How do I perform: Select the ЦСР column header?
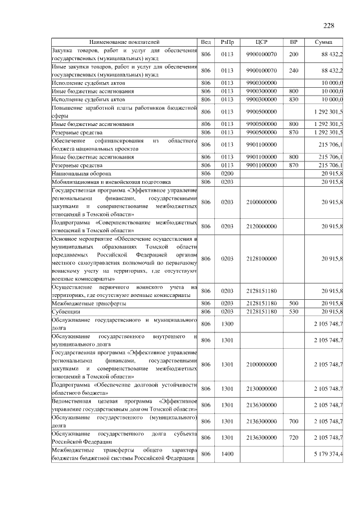[x=261, y=42]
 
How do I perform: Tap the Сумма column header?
[x=323, y=42]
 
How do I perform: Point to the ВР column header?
[x=293, y=42]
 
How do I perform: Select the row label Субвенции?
[x=65, y=311]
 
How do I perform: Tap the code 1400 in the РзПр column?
[x=227, y=453]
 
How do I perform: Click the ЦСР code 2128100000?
[x=261, y=258]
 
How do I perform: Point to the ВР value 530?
[x=293, y=311]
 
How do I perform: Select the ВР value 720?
[x=293, y=436]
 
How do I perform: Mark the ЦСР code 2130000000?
[x=261, y=389]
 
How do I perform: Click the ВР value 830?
[x=293, y=99]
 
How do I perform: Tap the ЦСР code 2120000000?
[x=261, y=226]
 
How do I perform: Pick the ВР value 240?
[x=293, y=70]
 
